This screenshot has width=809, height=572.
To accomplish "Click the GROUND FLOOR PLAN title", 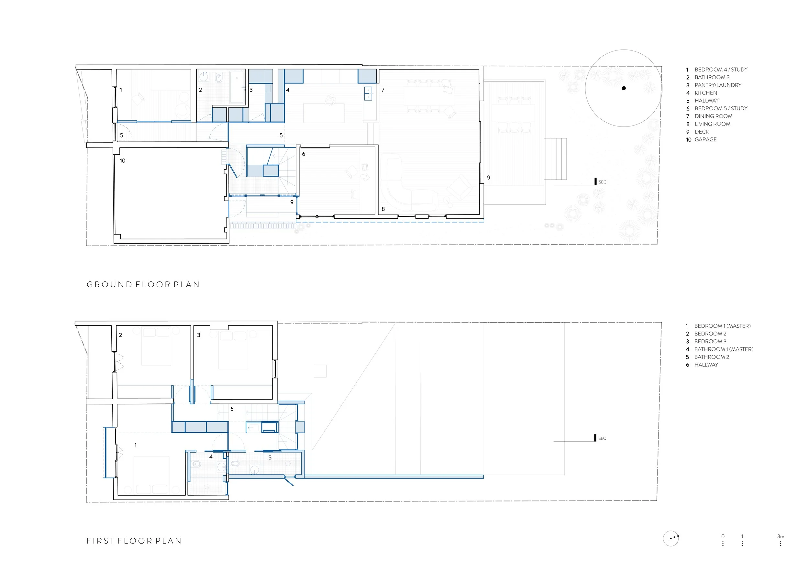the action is point(143,285).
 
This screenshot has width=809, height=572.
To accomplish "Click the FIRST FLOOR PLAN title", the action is point(134,541).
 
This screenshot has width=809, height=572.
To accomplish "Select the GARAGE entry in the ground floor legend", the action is point(701,139).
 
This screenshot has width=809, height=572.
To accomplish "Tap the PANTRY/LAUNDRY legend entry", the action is point(714,85).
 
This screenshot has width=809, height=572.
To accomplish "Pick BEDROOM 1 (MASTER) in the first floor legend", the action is point(718,326).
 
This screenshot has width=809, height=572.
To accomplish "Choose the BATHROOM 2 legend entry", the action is point(707,357).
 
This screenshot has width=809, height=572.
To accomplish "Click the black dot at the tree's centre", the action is point(624,88).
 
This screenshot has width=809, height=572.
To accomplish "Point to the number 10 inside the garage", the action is point(122,160).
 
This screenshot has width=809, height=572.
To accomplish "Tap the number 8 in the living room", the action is point(383,209).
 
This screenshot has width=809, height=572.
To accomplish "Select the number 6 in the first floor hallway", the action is point(232,409).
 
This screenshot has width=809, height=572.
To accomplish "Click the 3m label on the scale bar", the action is point(781,536).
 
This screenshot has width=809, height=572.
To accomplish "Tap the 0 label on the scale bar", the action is point(723,536).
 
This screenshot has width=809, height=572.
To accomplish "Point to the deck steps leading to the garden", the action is point(556,159).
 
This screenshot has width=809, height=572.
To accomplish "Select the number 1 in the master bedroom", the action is point(136,445).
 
